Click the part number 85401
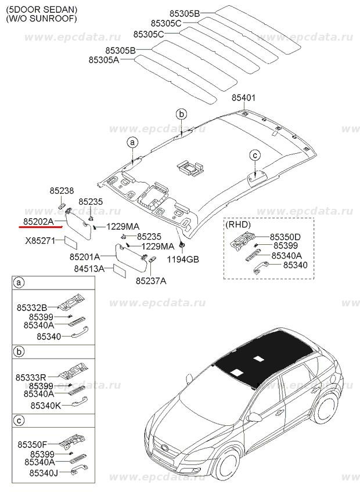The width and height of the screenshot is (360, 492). (243, 98)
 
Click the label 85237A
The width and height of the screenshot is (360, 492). (151, 281)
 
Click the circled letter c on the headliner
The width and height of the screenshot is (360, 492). (254, 154)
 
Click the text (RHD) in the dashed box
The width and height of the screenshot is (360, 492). (239, 223)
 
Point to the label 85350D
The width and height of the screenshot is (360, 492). (285, 237)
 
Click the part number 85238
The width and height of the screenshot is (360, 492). (61, 191)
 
